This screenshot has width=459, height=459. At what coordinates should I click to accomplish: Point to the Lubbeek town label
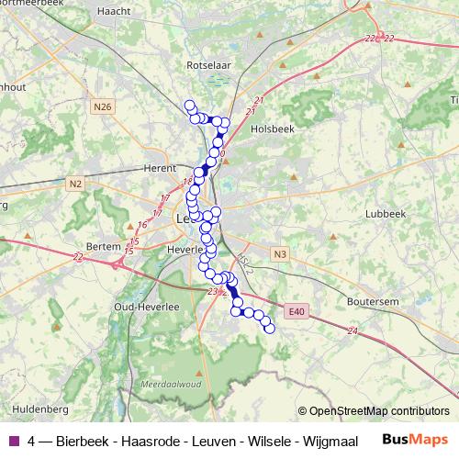tap(385, 213)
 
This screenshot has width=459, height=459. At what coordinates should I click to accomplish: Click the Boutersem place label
tap(372, 300)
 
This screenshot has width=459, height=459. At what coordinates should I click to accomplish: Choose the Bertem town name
tap(102, 247)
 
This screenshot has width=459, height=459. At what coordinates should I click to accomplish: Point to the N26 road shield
tap(102, 107)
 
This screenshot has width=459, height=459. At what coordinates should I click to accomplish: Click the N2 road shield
tap(75, 185)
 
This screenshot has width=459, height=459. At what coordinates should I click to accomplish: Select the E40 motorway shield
tap(294, 313)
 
